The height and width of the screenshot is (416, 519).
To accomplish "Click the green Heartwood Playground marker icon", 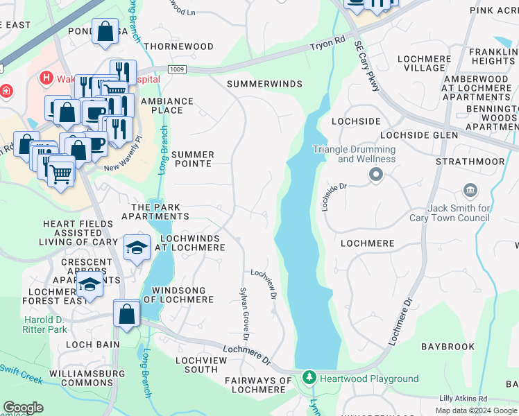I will click(309, 379).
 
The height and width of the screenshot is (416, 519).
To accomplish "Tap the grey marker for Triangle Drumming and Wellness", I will click(375, 175).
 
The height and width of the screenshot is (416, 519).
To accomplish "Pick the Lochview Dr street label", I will click(264, 284).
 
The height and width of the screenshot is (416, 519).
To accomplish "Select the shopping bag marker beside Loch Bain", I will click(127, 313).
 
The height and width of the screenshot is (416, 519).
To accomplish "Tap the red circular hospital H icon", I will click(47, 78).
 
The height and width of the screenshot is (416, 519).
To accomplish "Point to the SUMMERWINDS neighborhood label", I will click(265, 84).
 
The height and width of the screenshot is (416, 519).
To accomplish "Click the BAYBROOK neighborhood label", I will click(448, 346).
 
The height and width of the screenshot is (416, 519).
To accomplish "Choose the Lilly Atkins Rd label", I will click(463, 399).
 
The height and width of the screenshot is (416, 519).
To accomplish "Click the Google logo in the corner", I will click(24, 408).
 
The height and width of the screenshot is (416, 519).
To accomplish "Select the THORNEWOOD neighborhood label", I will click(178, 46).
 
